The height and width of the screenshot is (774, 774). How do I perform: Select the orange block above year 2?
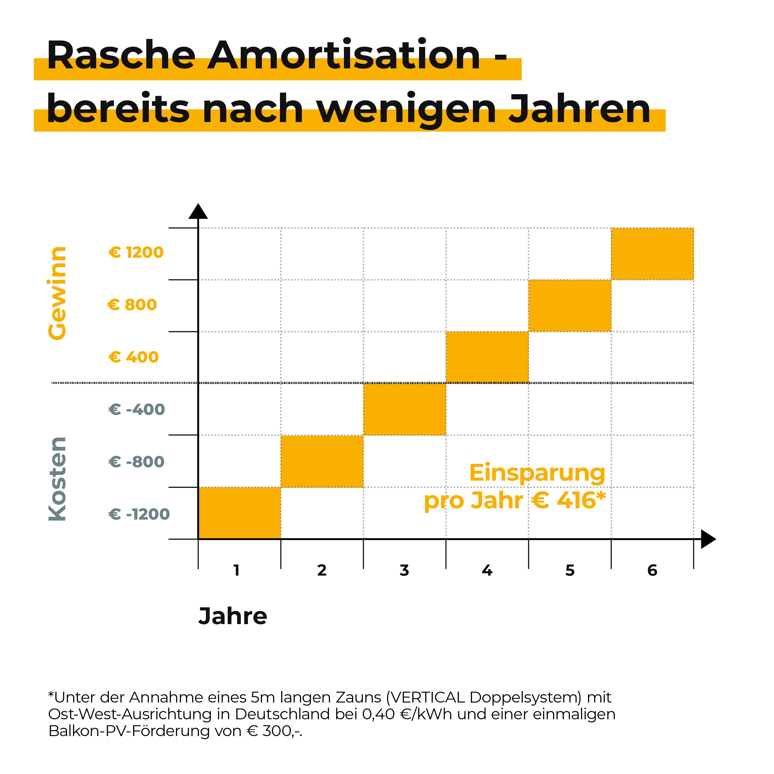322,461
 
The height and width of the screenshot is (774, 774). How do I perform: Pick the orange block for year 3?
405,409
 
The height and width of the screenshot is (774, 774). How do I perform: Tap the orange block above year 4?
487,357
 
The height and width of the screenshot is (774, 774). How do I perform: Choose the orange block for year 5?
570,305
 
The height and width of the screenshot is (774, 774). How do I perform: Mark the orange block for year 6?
652,254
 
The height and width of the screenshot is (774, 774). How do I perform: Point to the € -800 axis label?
136,462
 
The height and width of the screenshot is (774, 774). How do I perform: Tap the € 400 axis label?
133,357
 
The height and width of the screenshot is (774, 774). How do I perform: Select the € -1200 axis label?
139,514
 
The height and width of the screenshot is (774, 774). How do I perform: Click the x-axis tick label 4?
487,570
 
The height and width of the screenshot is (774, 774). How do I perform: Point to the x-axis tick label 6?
652,570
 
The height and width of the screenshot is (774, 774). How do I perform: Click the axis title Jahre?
233,616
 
